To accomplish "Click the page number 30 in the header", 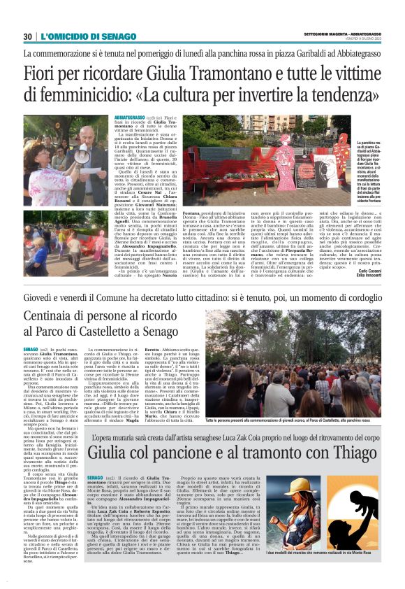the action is tap(28, 36).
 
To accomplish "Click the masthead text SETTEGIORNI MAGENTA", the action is tap(327, 33).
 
